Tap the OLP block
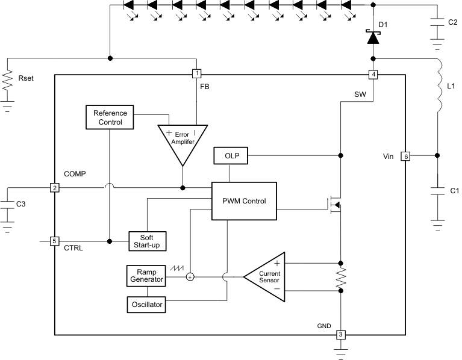pos(231,156)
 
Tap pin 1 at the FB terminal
pos(196,74)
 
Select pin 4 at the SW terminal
pos(373,75)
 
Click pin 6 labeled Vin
pos(405,156)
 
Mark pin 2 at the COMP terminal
pos(54,188)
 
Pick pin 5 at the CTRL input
pos(54,241)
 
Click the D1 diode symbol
pos(373,37)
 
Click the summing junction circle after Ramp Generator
pos(190,277)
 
